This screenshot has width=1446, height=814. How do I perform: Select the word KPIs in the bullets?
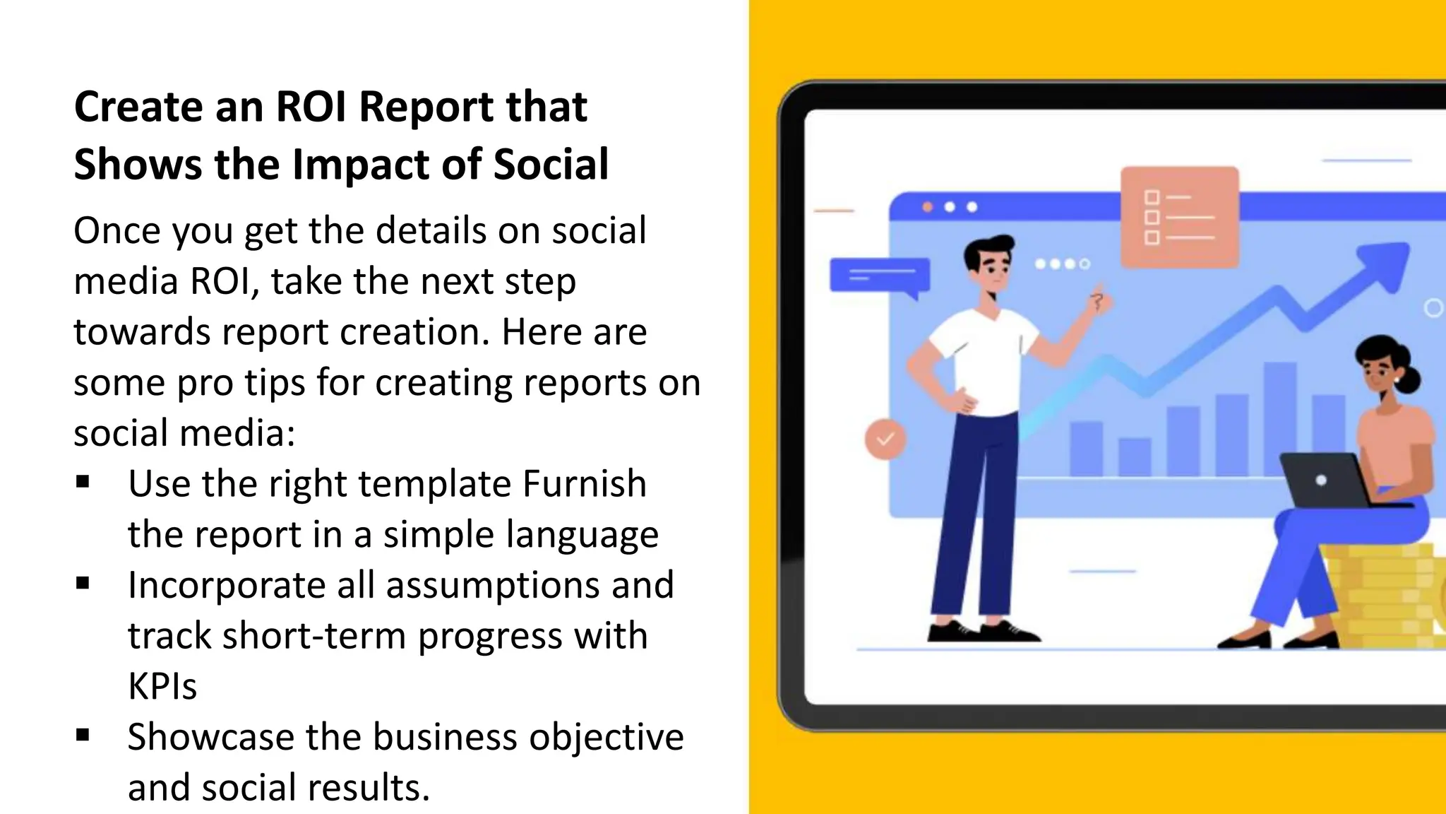point(162,686)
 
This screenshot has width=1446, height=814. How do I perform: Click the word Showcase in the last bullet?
point(210,737)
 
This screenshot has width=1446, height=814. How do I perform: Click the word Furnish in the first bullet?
point(585,484)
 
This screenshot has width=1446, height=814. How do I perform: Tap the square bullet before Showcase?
point(83,735)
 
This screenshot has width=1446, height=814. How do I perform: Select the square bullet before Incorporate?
point(83,583)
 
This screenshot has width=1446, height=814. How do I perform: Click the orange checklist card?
point(1179,217)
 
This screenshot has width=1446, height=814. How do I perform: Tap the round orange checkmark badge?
point(885,439)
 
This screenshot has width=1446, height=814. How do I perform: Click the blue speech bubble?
point(880,276)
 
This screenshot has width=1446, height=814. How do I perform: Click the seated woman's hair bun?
point(1407,379)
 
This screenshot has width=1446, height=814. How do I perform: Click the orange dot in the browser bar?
point(928,207)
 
